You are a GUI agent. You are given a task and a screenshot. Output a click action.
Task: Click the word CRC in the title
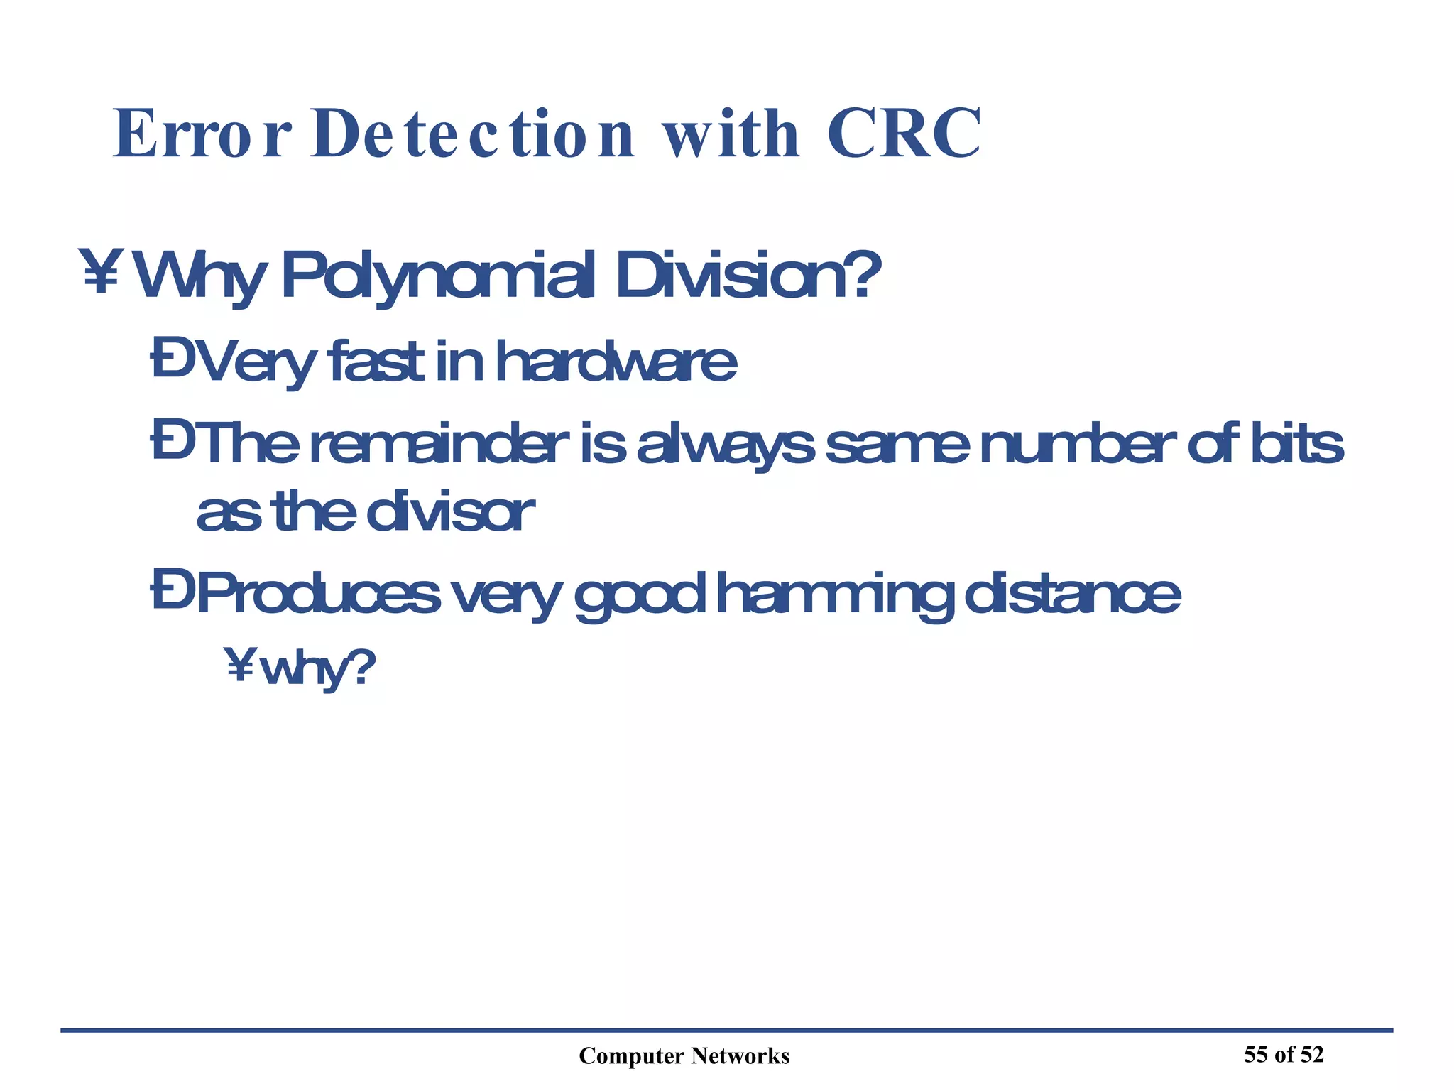(x=903, y=134)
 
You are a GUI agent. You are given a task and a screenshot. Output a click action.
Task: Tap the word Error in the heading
(x=202, y=134)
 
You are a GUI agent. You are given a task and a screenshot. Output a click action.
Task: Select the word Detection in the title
(x=472, y=134)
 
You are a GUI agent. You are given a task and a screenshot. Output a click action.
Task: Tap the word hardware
(x=616, y=362)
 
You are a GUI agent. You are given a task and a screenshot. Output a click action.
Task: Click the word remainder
(x=439, y=445)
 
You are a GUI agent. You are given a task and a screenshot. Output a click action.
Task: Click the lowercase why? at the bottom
(x=317, y=669)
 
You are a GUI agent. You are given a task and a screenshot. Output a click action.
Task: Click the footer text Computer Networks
(x=684, y=1056)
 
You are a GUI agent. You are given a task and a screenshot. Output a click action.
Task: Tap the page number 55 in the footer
(x=1255, y=1055)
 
